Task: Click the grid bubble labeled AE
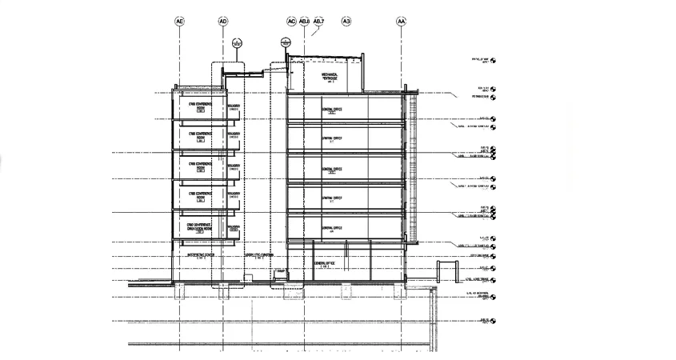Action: (x=179, y=22)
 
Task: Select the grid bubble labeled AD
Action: (x=223, y=22)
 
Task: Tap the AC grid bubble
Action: (x=291, y=22)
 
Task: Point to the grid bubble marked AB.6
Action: (x=304, y=22)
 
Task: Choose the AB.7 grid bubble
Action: (x=318, y=22)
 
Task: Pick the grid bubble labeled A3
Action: (x=346, y=22)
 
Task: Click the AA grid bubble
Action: (x=401, y=22)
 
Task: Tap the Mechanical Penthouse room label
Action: (x=330, y=76)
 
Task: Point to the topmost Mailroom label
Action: (x=234, y=106)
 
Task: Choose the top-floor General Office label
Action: (x=332, y=109)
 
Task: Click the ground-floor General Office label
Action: (x=324, y=264)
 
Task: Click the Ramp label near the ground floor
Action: (x=280, y=273)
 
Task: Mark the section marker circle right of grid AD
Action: (x=237, y=43)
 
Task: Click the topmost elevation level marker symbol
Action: (x=493, y=60)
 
